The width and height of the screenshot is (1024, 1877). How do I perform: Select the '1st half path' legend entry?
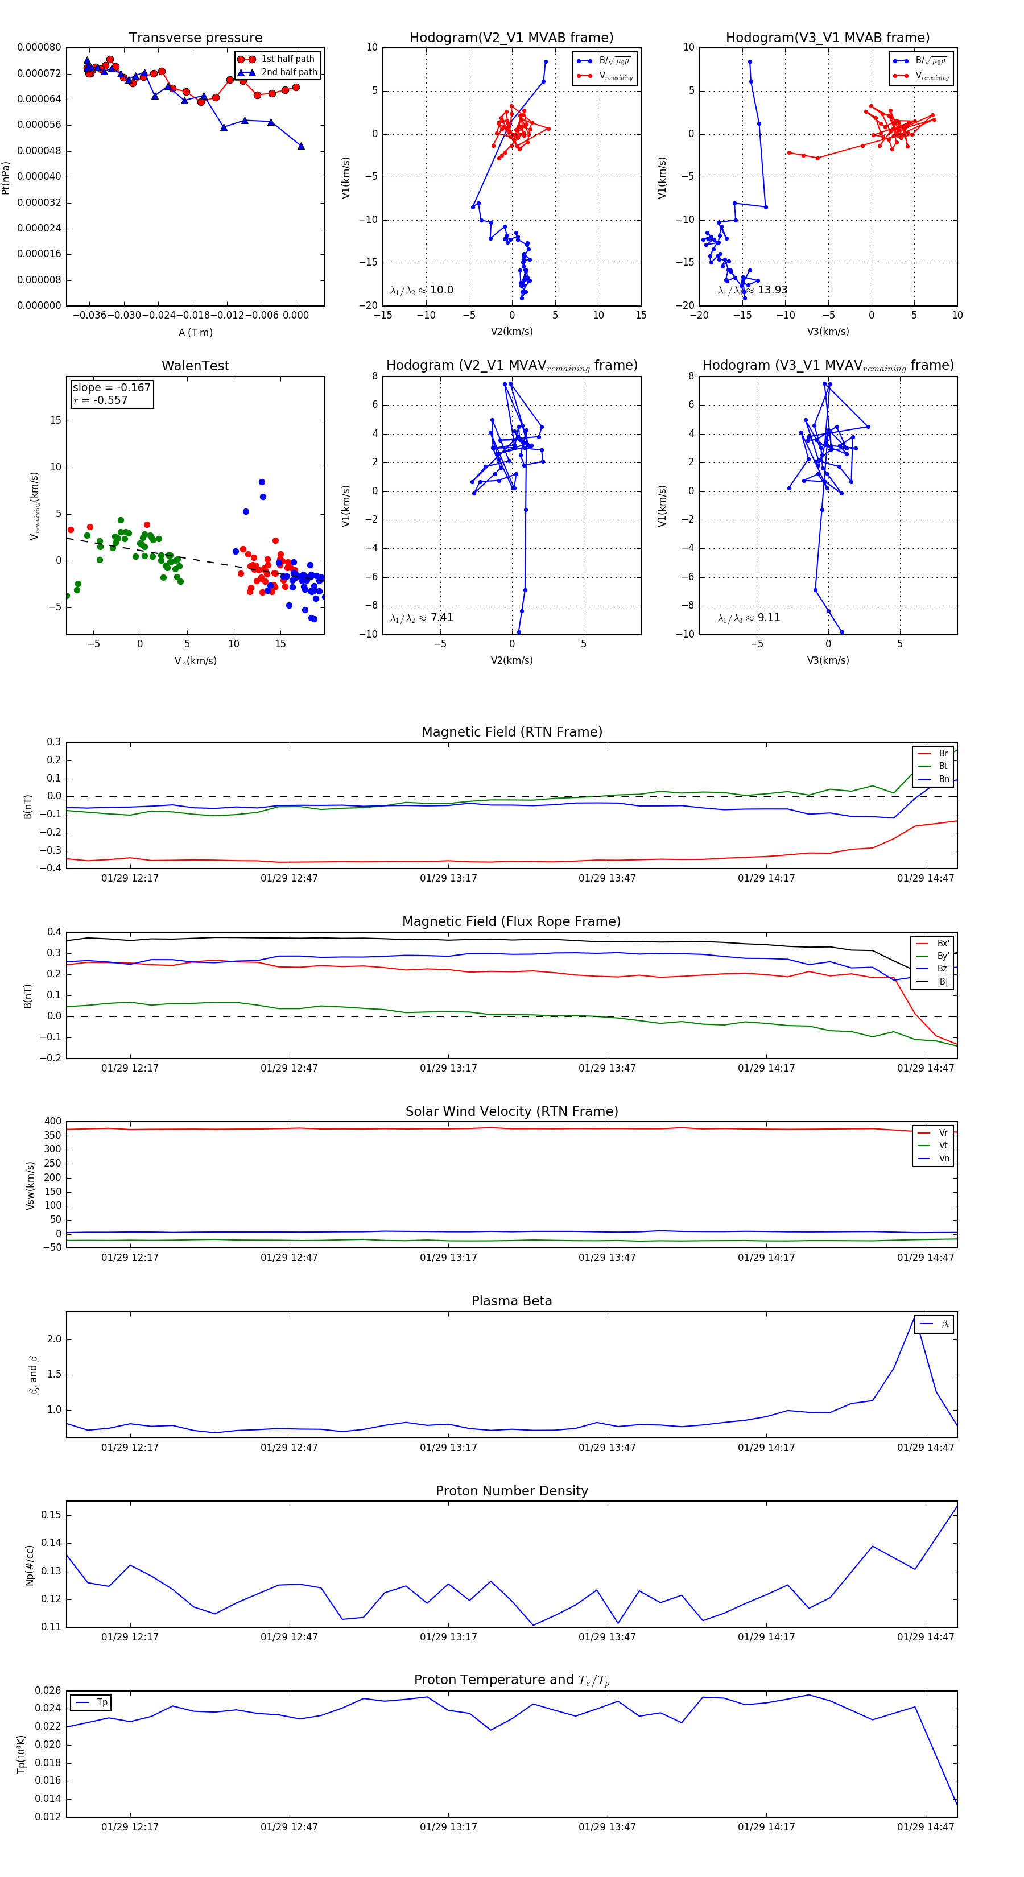(x=287, y=59)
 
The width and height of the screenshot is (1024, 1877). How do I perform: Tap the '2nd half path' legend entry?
(x=288, y=72)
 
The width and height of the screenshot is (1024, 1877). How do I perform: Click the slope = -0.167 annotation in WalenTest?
(x=112, y=388)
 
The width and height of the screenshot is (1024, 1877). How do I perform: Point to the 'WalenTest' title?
(x=195, y=366)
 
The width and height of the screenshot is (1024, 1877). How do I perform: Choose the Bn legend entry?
(x=943, y=779)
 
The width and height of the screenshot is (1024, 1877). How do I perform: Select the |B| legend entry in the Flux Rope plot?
(x=942, y=982)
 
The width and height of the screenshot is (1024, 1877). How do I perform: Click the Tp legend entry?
(x=101, y=1702)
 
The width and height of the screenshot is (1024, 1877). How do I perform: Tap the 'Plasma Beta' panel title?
(x=511, y=1301)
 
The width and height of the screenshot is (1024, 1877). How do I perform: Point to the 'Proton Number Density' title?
(x=511, y=1491)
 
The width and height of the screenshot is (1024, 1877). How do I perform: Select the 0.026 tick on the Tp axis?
(x=48, y=1690)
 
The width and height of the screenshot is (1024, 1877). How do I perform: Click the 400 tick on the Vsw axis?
(x=52, y=1122)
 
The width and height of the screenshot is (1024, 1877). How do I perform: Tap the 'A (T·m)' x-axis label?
(x=195, y=332)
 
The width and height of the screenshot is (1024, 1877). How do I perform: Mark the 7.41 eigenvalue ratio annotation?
(x=441, y=618)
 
